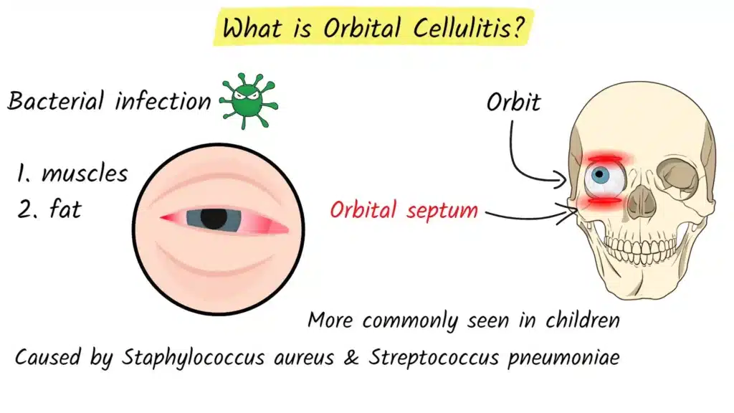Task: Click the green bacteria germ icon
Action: pos(248,102)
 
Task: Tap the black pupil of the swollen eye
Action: pos(214,217)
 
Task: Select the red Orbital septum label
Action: pos(404,211)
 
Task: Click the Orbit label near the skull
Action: pos(513,103)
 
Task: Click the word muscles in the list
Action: pos(85,174)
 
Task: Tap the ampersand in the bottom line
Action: pos(351,357)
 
